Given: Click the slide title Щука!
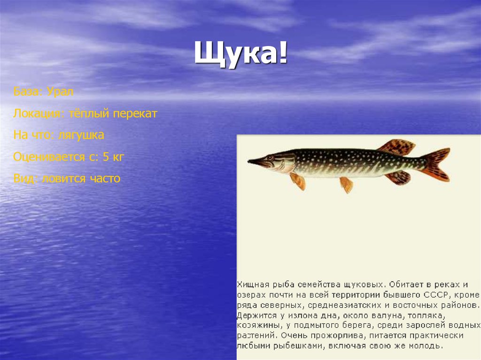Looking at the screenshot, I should pyautogui.click(x=240, y=54).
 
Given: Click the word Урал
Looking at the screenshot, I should pyautogui.click(x=61, y=92).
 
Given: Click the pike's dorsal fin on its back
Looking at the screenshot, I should pyautogui.click(x=397, y=147).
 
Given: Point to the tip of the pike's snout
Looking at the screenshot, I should pyautogui.click(x=249, y=161).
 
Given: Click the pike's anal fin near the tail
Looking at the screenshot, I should pyautogui.click(x=398, y=177).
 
